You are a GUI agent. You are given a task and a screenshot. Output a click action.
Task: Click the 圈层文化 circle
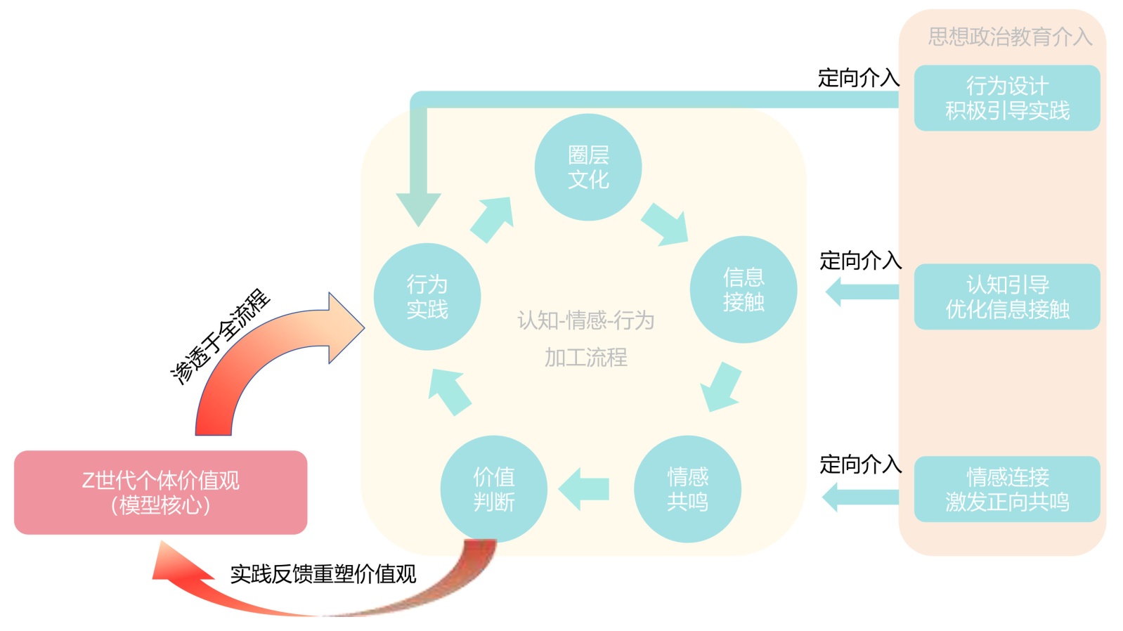588,167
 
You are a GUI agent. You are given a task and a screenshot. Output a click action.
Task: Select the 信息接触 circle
743,290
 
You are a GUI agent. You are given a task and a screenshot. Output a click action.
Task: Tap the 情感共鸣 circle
687,489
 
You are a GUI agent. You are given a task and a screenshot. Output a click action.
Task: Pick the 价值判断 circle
493,489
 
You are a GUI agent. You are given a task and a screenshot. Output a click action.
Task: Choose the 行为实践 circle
427,297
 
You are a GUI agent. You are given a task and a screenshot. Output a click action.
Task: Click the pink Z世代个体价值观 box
160,492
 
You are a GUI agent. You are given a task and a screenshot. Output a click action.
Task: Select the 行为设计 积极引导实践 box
1006,98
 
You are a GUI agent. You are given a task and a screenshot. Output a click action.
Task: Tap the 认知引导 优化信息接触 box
1006,297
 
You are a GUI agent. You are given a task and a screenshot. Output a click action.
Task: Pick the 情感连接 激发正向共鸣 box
1006,489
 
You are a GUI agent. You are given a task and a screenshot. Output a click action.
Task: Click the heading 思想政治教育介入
1009,37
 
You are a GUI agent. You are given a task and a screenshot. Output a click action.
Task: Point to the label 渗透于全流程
221,336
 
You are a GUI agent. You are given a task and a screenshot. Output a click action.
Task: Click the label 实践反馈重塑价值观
323,574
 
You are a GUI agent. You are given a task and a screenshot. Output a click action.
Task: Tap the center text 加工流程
585,358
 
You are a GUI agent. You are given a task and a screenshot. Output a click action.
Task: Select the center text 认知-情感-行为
585,320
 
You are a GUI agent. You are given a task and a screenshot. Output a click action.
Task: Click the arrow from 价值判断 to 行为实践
450,391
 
